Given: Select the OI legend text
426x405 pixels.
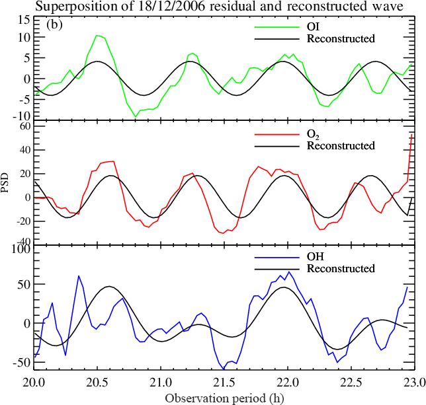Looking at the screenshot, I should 314,27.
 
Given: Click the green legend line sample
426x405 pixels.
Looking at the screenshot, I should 275,27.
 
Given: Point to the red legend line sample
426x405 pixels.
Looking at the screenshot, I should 275,134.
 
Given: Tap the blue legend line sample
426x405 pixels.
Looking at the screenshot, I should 275,256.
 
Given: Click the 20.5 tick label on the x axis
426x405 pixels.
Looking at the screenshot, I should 97,382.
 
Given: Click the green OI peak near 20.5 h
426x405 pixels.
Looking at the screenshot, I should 98,36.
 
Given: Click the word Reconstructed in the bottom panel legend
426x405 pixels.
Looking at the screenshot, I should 341,268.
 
